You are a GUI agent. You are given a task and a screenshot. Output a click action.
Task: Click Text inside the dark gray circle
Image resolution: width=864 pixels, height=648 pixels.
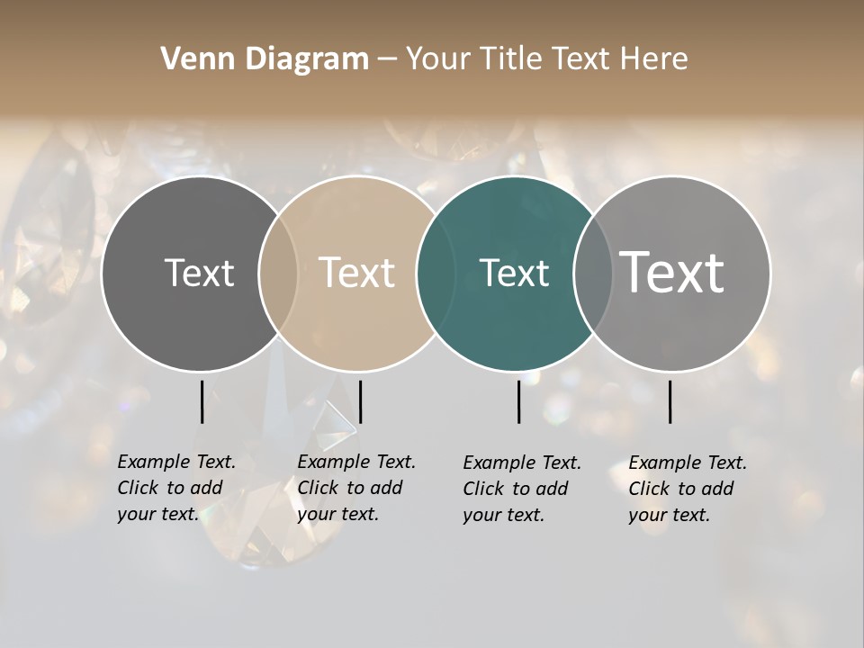[x=199, y=273]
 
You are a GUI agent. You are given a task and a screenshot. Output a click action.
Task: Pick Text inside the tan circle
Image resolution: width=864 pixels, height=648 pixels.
[x=357, y=273]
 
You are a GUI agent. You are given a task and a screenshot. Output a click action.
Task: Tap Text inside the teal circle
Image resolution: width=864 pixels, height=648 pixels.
[x=514, y=273]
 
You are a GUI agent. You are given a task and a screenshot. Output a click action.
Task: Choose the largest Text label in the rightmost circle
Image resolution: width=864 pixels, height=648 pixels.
[x=672, y=273]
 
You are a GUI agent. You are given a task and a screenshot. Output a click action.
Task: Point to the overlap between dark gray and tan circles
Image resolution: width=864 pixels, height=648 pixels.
[x=278, y=274]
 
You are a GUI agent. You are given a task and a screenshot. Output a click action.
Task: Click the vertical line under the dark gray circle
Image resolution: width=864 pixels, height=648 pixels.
[x=202, y=401]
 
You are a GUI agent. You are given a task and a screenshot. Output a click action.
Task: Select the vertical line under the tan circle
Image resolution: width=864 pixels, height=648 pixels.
[x=360, y=401]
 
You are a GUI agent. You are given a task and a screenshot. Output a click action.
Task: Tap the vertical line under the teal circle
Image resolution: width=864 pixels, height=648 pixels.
[x=518, y=401]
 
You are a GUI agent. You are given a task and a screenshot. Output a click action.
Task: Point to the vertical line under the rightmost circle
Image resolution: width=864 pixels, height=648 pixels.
[x=670, y=401]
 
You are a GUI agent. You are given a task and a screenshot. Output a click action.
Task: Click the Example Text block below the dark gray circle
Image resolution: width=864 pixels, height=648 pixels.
[x=175, y=488]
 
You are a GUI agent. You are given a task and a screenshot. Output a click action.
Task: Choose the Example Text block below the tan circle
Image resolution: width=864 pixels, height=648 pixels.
[x=355, y=488]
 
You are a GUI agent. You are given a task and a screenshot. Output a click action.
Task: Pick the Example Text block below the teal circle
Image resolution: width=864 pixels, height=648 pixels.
[x=521, y=489]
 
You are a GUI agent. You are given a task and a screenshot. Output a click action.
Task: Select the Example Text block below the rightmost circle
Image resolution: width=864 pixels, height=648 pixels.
[x=687, y=489]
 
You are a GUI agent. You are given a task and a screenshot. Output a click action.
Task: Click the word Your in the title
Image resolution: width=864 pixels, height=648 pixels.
[x=437, y=58]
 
